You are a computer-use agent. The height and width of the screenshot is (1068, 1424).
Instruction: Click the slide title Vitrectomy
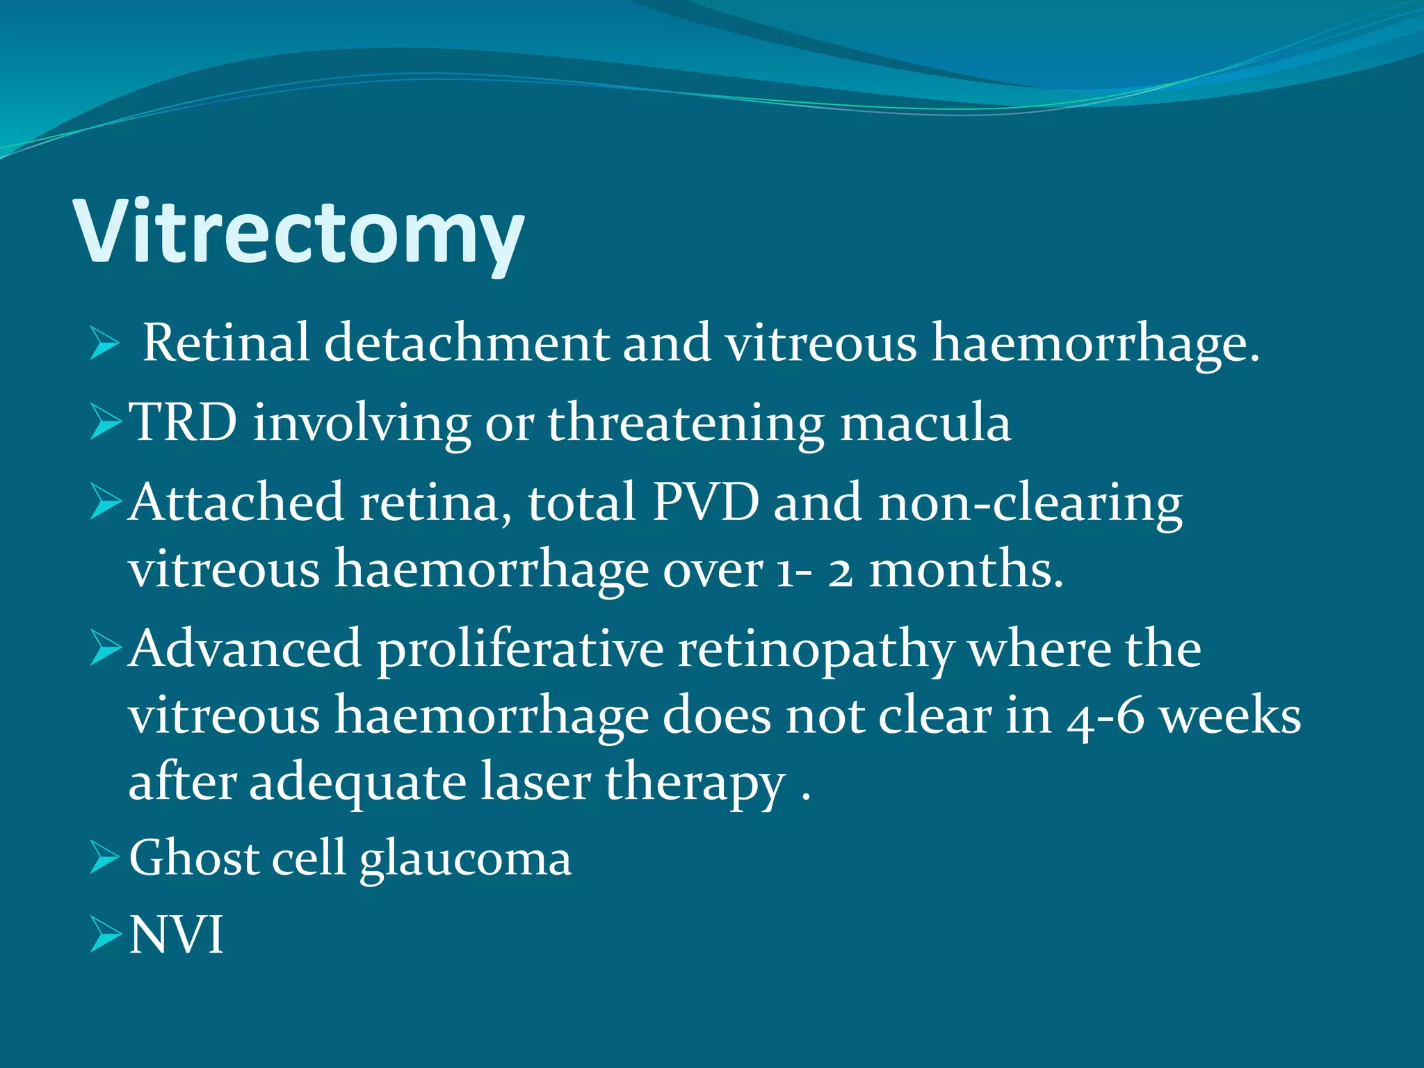tap(299, 232)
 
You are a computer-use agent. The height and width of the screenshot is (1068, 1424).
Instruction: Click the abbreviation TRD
tap(184, 422)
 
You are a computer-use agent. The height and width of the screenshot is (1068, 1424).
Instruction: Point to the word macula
tap(925, 422)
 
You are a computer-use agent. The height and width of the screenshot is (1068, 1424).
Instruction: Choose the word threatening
tap(686, 422)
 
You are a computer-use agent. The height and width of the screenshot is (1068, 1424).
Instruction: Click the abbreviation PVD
tap(705, 501)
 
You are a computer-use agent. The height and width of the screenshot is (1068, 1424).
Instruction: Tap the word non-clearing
tap(1030, 503)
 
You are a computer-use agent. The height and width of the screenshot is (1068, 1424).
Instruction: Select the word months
tap(966, 569)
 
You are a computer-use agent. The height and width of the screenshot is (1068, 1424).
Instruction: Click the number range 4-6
tap(1106, 717)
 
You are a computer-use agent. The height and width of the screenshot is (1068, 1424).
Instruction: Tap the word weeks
tap(1231, 715)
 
